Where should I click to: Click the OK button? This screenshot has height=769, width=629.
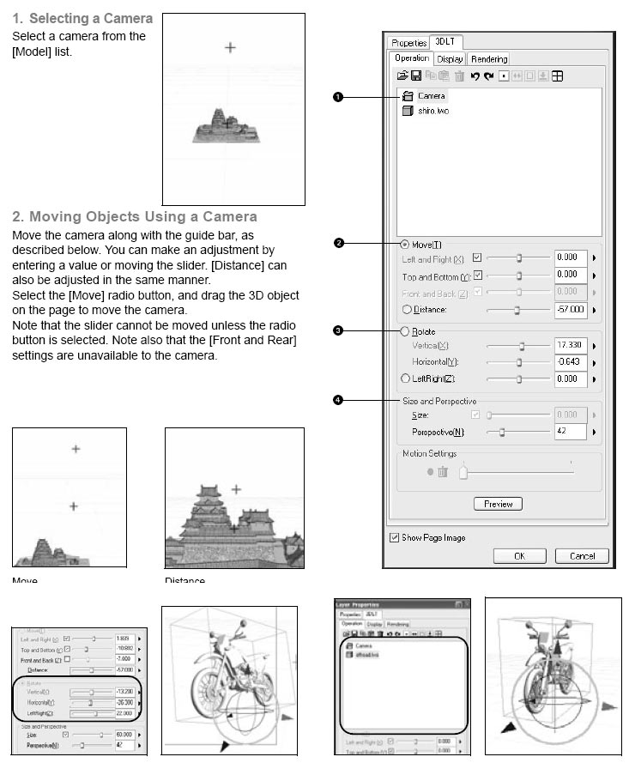coord(519,555)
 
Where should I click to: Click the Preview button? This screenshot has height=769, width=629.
coord(498,504)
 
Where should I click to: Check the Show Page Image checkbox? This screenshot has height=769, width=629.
coord(395,537)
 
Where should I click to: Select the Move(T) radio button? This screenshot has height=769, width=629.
coord(405,244)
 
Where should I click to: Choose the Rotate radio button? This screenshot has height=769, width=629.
coord(405,330)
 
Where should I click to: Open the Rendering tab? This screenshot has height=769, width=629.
coord(489,59)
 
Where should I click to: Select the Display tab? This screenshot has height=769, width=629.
coord(450,59)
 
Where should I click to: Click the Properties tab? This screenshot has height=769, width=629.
coord(408,43)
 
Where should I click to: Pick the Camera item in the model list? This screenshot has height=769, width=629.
coord(432,96)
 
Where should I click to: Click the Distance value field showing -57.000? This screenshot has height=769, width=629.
coord(570,309)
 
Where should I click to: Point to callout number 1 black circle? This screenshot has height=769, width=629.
coord(338,97)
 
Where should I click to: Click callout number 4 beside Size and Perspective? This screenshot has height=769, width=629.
coord(338,400)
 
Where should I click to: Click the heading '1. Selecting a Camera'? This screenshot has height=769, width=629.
coord(82,18)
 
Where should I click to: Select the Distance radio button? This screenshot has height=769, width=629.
coord(405,309)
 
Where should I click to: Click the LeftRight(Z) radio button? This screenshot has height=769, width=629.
coord(405,378)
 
